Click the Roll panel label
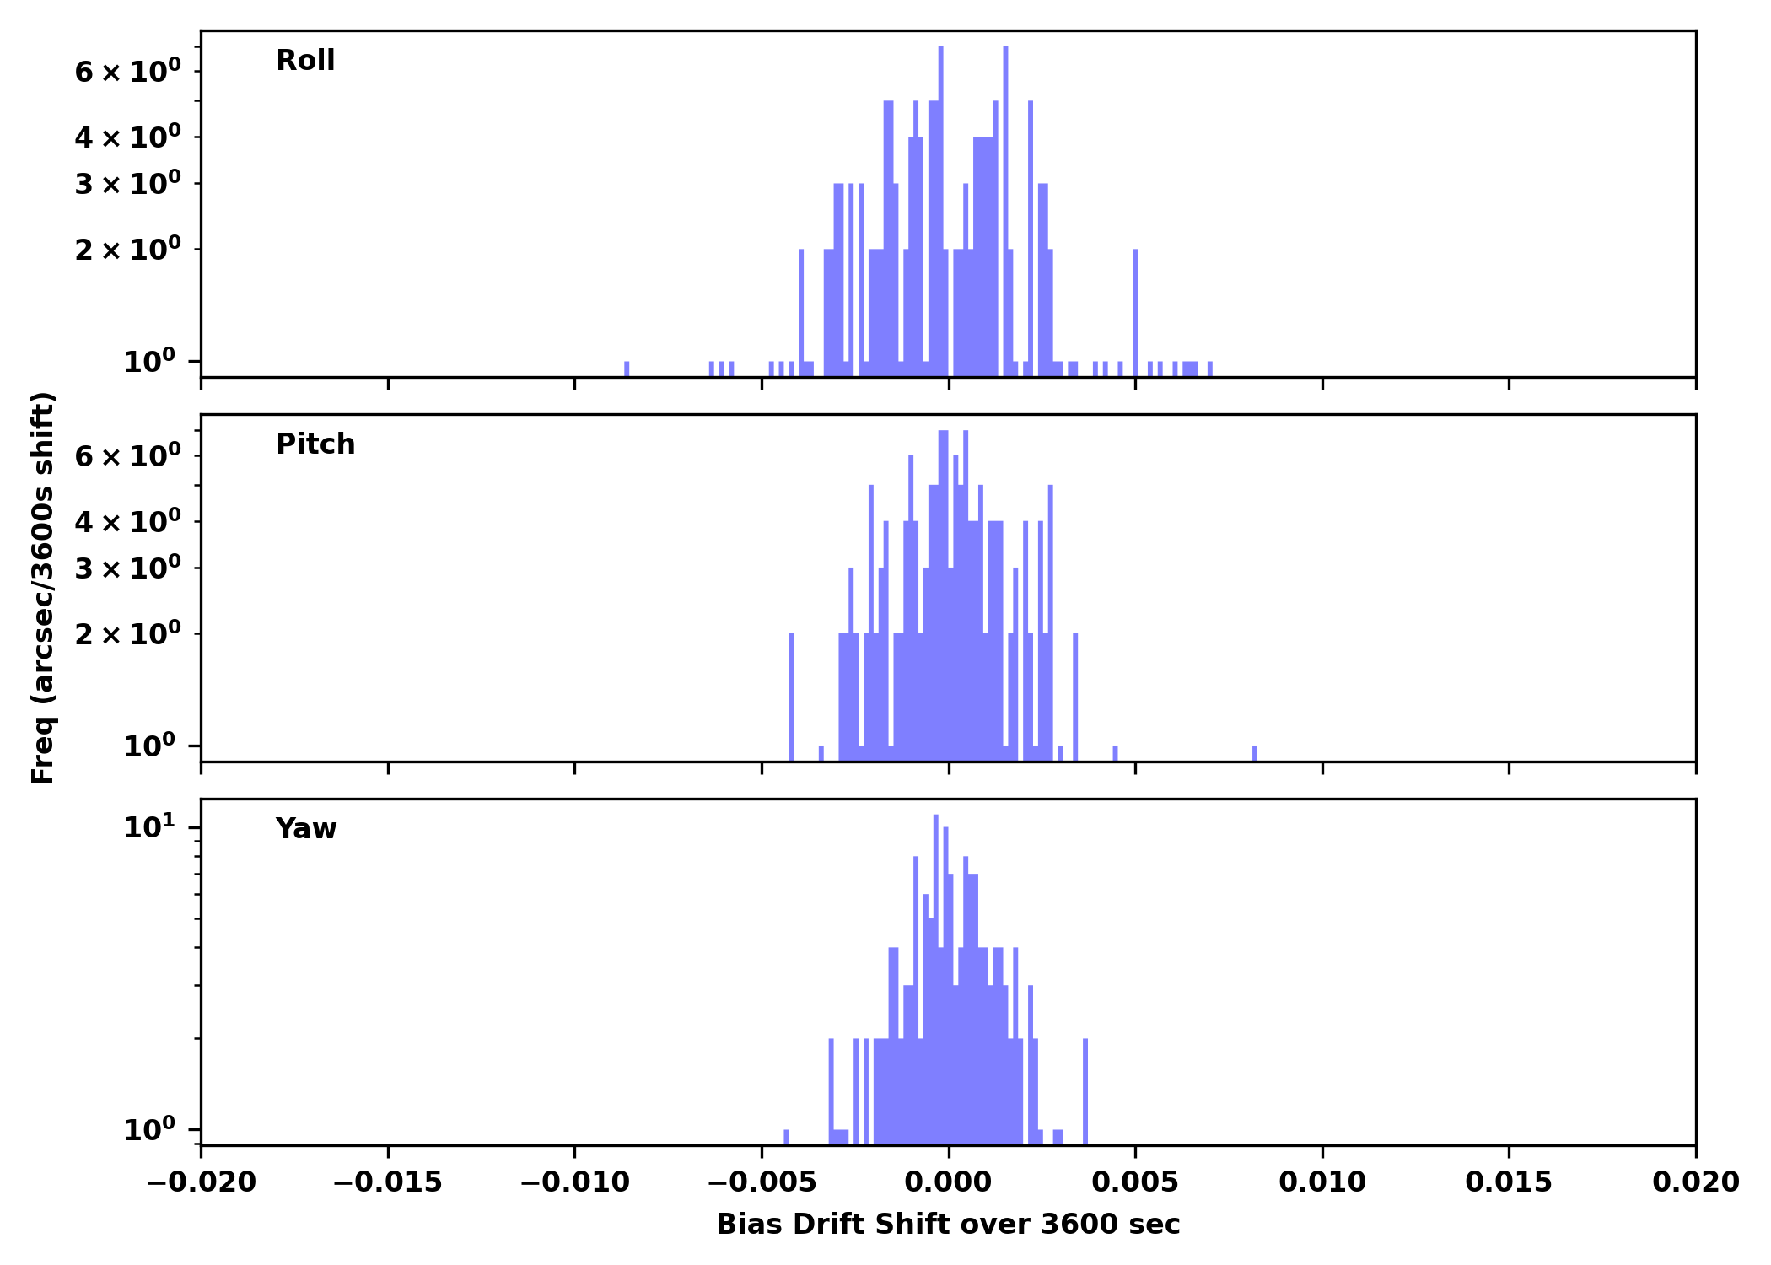[x=305, y=61]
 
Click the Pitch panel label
[x=315, y=444]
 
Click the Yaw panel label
[x=306, y=829]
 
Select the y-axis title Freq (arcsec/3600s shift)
[x=43, y=588]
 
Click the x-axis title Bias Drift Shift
[x=948, y=1225]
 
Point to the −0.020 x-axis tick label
[x=201, y=1182]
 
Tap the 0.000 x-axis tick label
[x=948, y=1182]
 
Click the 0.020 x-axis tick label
[x=1695, y=1182]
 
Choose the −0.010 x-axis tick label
[x=574, y=1182]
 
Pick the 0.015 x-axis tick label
[x=1509, y=1182]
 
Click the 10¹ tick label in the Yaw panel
[x=150, y=827]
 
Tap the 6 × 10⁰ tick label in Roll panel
[x=127, y=72]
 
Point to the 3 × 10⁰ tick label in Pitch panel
[x=127, y=568]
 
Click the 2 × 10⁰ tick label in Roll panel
[x=127, y=250]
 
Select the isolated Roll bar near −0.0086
[x=627, y=369]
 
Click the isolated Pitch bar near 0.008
[x=1255, y=753]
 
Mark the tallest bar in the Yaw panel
[x=936, y=970]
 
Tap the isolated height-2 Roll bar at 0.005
[x=1135, y=312]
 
